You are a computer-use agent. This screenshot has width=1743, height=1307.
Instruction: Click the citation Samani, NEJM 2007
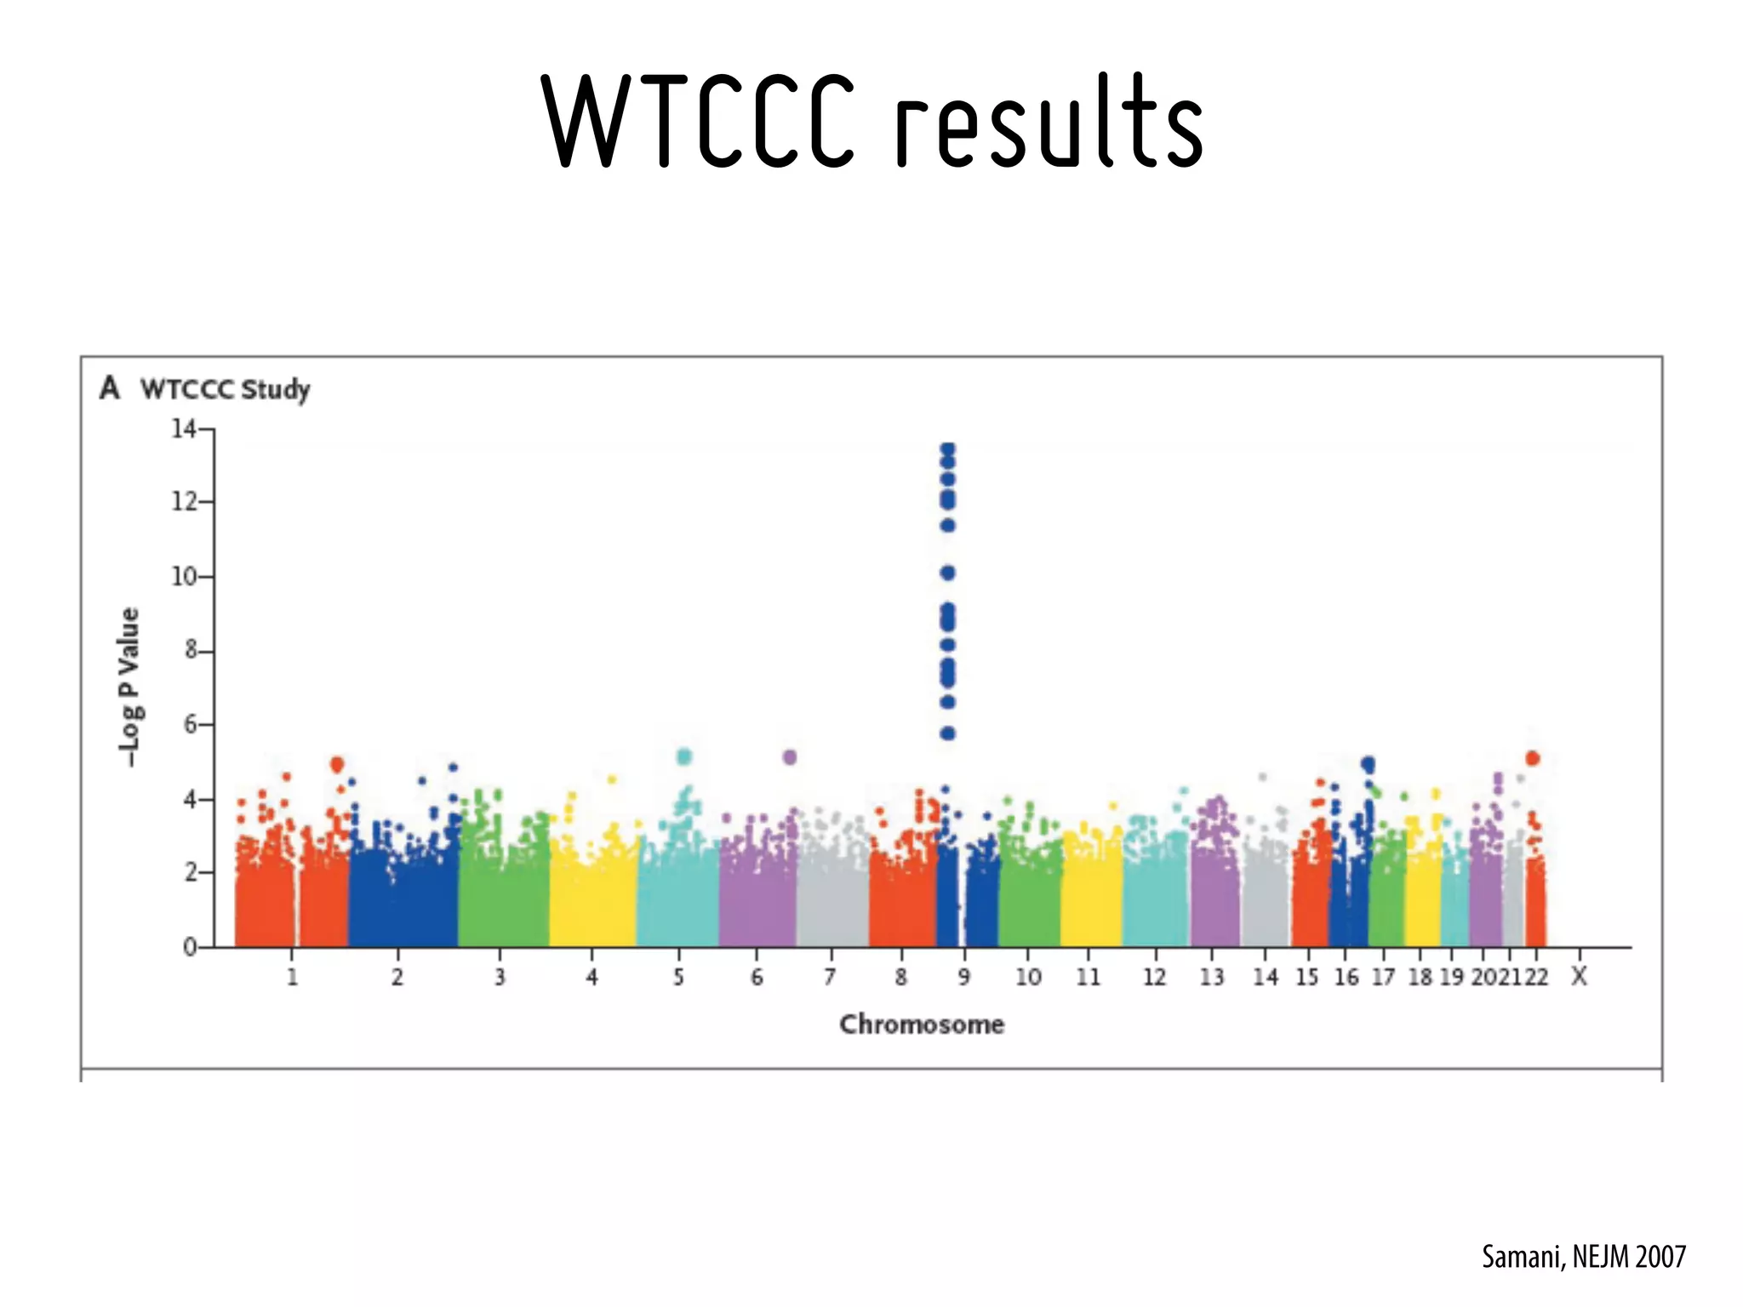click(1583, 1257)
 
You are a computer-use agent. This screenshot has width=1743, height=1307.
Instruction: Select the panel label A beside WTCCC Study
click(109, 388)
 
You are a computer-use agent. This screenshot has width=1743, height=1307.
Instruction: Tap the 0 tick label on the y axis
click(190, 947)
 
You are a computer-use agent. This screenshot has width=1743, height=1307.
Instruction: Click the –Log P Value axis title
click(129, 686)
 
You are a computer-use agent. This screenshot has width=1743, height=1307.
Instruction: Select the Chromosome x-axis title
click(922, 1024)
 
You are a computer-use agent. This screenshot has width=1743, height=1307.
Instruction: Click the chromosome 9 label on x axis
click(963, 977)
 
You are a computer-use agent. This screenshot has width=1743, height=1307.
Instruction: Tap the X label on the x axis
click(1579, 976)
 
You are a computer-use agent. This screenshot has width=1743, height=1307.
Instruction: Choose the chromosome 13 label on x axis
click(1211, 977)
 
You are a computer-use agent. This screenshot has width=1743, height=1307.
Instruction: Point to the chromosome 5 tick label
click(678, 977)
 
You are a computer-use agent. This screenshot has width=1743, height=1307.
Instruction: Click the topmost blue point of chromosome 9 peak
click(948, 448)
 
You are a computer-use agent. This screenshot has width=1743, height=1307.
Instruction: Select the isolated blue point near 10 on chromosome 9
click(948, 573)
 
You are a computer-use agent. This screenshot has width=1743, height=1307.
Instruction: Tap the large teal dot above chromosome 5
click(684, 756)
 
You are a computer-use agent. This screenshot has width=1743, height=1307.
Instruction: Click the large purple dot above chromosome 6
click(790, 756)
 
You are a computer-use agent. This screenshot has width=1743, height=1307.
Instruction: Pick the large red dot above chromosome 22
click(1533, 758)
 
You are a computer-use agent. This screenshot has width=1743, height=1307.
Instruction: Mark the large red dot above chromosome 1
click(337, 764)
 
